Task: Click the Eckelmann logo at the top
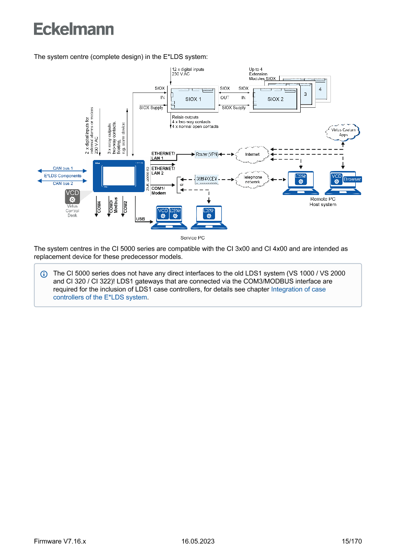(74, 29)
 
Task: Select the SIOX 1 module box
(193, 99)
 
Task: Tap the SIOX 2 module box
(275, 99)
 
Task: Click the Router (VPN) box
(207, 154)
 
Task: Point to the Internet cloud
(252, 154)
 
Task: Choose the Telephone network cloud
(253, 180)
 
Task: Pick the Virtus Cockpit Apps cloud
(342, 132)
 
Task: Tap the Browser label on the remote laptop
(352, 180)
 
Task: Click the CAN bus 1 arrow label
(63, 169)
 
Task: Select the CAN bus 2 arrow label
(63, 183)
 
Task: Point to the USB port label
(141, 218)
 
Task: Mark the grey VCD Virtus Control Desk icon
(72, 196)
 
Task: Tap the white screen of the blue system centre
(118, 175)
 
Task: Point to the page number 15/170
(351, 541)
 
